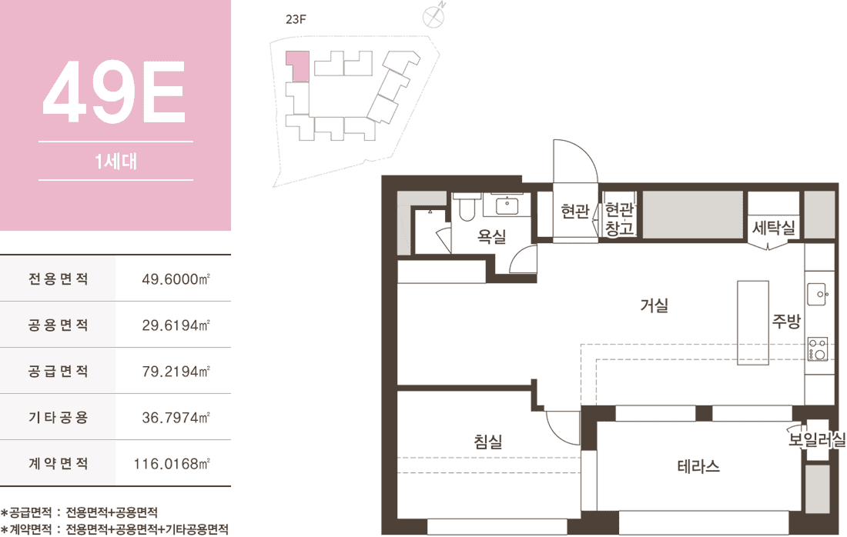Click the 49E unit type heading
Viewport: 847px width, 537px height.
(x=114, y=91)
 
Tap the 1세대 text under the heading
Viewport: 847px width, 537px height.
(x=115, y=161)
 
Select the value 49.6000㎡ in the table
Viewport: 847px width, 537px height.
(x=176, y=279)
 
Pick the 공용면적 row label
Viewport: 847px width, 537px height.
(x=58, y=325)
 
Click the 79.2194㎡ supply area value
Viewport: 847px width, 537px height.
(x=176, y=372)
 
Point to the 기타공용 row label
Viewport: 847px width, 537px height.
(x=58, y=417)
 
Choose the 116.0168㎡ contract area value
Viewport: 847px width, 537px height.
(x=172, y=464)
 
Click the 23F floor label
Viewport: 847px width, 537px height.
(x=296, y=19)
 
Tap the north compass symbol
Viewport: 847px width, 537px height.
(x=434, y=16)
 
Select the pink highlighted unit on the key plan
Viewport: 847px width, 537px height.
(x=298, y=66)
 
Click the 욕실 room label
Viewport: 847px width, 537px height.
(x=491, y=236)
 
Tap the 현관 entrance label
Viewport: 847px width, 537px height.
(x=574, y=211)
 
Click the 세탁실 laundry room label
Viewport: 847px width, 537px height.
(x=774, y=228)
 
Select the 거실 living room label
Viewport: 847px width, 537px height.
(x=654, y=305)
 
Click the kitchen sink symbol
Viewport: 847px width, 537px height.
(x=817, y=294)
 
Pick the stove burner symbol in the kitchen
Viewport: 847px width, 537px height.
(x=817, y=349)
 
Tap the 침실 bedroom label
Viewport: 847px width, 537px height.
(x=488, y=442)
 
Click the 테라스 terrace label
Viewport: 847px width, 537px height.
(x=698, y=466)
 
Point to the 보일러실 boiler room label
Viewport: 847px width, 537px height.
(x=816, y=439)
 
